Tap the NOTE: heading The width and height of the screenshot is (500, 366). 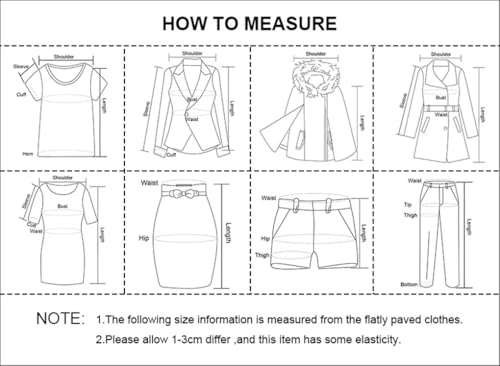point(60,319)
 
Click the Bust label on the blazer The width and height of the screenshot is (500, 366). point(193,99)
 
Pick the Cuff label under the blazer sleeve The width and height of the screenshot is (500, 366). point(171,154)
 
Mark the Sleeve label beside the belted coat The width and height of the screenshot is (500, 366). point(403,100)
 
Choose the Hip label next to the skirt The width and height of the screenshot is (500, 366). point(143,238)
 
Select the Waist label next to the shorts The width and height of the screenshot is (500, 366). point(268,198)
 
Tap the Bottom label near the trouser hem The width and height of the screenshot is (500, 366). point(410,284)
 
